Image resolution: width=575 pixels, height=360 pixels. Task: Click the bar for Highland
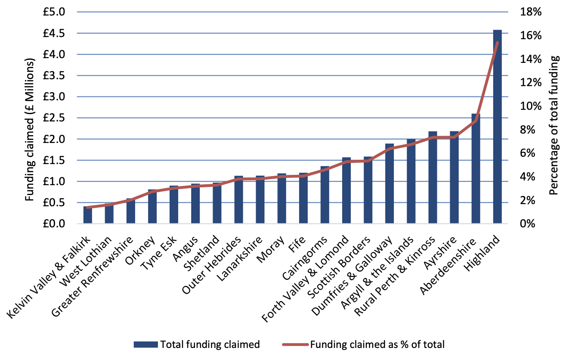(497, 129)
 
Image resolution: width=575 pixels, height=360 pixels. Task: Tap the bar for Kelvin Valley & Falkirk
(88, 215)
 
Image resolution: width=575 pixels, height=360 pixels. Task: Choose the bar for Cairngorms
(325, 196)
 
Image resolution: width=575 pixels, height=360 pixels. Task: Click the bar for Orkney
(152, 207)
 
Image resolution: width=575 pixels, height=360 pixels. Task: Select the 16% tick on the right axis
(530, 36)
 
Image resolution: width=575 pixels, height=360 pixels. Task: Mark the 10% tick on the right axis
(530, 106)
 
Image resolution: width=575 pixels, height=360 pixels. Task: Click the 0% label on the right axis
(528, 224)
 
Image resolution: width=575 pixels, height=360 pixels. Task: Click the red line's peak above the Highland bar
(497, 42)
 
